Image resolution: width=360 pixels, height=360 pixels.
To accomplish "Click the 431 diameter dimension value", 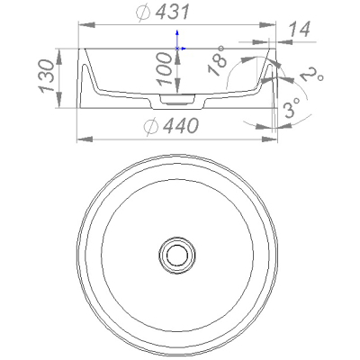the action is point(173,13).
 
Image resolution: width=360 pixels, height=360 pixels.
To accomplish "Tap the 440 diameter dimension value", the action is point(181,125).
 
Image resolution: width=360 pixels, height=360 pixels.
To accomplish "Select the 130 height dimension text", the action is point(46,76).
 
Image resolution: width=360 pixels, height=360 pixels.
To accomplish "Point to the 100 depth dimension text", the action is point(166,69).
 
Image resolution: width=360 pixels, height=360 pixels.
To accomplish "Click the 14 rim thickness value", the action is point(299,30).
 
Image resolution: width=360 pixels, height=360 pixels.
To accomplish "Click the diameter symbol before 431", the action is point(143,13).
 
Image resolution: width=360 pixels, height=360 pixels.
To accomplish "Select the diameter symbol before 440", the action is point(151,126).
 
